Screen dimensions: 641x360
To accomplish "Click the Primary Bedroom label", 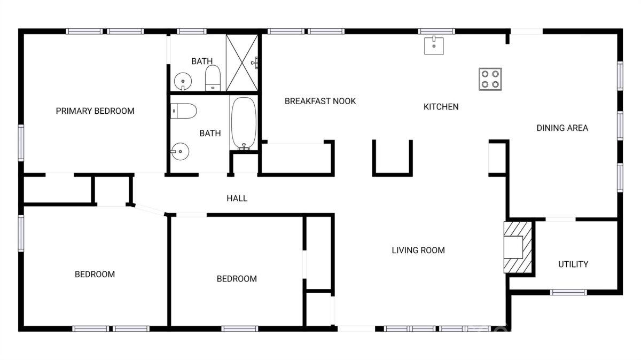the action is [x=95, y=111].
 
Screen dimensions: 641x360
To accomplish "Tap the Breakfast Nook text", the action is [x=320, y=101].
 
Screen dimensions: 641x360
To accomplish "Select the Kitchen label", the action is [x=441, y=107].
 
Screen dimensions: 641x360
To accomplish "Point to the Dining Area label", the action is [x=562, y=128].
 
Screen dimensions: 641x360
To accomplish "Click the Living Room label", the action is [x=418, y=251].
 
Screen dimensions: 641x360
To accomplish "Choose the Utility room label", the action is [x=573, y=264].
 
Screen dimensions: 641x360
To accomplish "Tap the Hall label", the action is [x=237, y=198].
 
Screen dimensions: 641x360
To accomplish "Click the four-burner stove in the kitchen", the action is [x=490, y=79].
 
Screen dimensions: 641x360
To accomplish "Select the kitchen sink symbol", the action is [x=434, y=45].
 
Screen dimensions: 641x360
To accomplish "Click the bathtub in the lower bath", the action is [x=244, y=123].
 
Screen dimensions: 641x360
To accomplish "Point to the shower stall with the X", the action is [x=242, y=62].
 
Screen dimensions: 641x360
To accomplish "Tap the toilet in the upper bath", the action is [x=213, y=78].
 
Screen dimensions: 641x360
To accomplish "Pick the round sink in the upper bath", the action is [x=183, y=81].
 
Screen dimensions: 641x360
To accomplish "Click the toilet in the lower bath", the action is [x=183, y=111].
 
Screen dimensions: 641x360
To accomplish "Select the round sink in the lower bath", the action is [x=180, y=151].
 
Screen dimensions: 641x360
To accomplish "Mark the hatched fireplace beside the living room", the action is [x=518, y=247].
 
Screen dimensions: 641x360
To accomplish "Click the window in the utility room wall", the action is [x=568, y=292].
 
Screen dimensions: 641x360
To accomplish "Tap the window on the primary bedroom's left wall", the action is [x=21, y=143].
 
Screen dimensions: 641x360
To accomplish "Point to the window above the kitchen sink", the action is [x=436, y=31].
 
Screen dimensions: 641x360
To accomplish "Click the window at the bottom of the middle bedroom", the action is [x=239, y=329].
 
